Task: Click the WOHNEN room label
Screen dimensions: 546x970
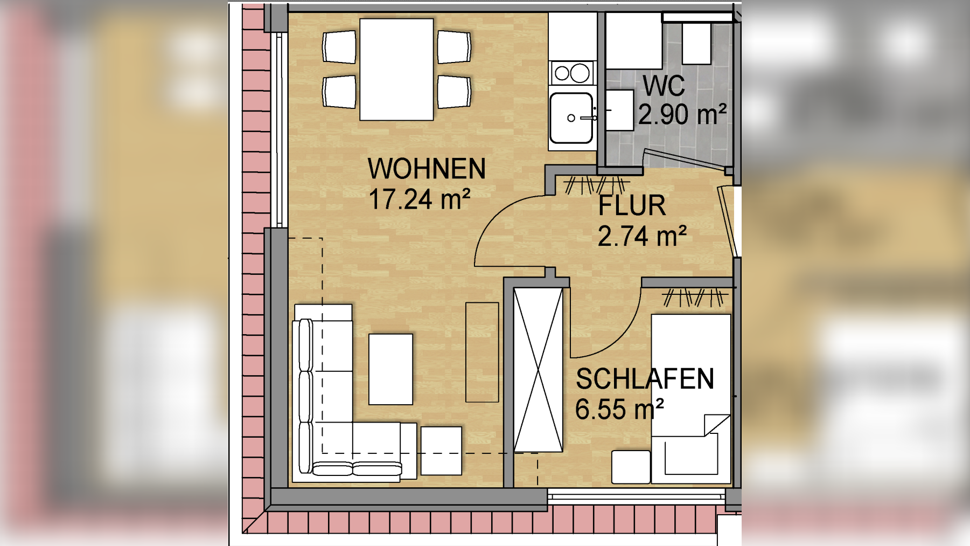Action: click(x=426, y=169)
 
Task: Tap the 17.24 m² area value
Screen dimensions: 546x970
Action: click(x=419, y=199)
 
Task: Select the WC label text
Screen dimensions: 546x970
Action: click(x=664, y=86)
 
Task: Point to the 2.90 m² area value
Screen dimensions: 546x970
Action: click(x=682, y=115)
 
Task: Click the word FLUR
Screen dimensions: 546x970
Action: click(x=632, y=206)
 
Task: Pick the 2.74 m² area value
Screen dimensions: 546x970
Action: click(x=642, y=237)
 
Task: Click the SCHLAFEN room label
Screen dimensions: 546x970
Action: click(x=645, y=379)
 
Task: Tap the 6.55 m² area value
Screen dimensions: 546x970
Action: click(x=619, y=410)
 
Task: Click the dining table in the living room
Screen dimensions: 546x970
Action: click(x=396, y=70)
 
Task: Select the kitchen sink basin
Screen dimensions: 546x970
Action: click(x=571, y=118)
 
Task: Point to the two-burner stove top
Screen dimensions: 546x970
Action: click(x=572, y=73)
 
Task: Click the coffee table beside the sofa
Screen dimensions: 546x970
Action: click(x=390, y=369)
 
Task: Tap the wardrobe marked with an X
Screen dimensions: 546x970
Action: click(x=538, y=370)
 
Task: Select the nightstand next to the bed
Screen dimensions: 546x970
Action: click(x=631, y=467)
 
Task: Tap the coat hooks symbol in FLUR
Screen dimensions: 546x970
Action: click(x=594, y=185)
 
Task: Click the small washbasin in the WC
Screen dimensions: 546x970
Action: click(x=619, y=110)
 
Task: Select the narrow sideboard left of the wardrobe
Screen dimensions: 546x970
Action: click(x=482, y=352)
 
